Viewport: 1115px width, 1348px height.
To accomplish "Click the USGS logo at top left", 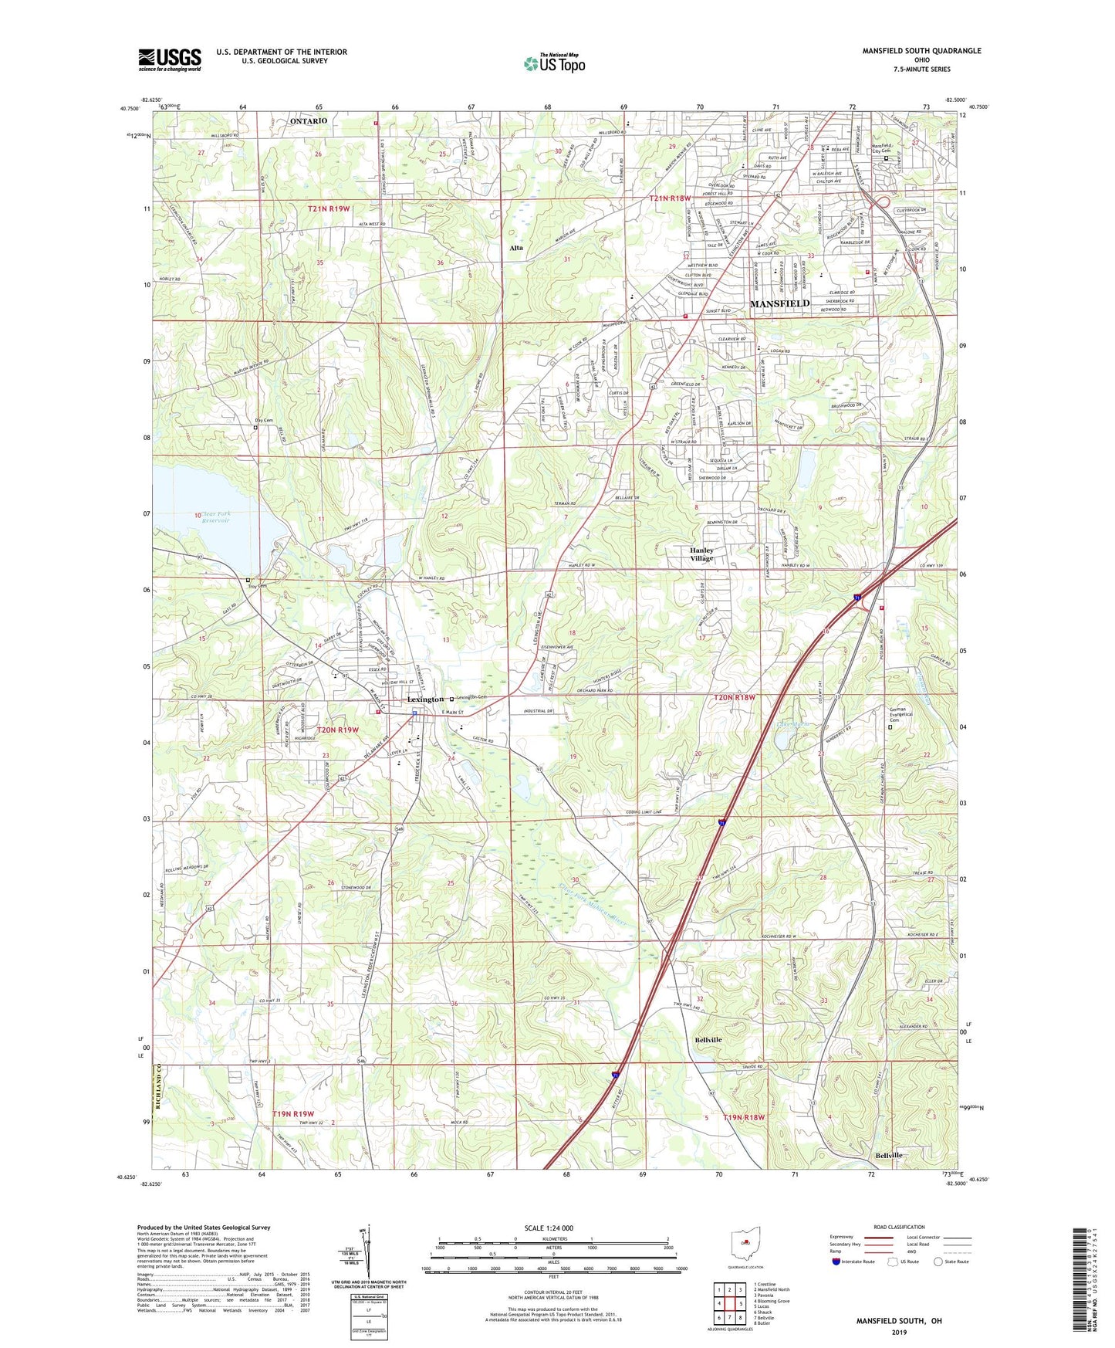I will pyautogui.click(x=170, y=59).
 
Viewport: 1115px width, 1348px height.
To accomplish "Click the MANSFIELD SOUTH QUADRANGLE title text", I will pyautogui.click(x=921, y=51).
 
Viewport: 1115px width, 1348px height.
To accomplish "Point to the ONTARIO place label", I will pyautogui.click(x=308, y=121).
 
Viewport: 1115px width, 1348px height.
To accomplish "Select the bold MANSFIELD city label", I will pyautogui.click(x=779, y=304).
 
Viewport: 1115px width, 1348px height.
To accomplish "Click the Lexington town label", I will pyautogui.click(x=425, y=699).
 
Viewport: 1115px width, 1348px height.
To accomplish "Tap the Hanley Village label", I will pyautogui.click(x=701, y=554).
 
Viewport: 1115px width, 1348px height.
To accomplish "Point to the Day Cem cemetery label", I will pyautogui.click(x=264, y=421).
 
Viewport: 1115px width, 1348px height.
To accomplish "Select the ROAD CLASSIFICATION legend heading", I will pyautogui.click(x=898, y=1227).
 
